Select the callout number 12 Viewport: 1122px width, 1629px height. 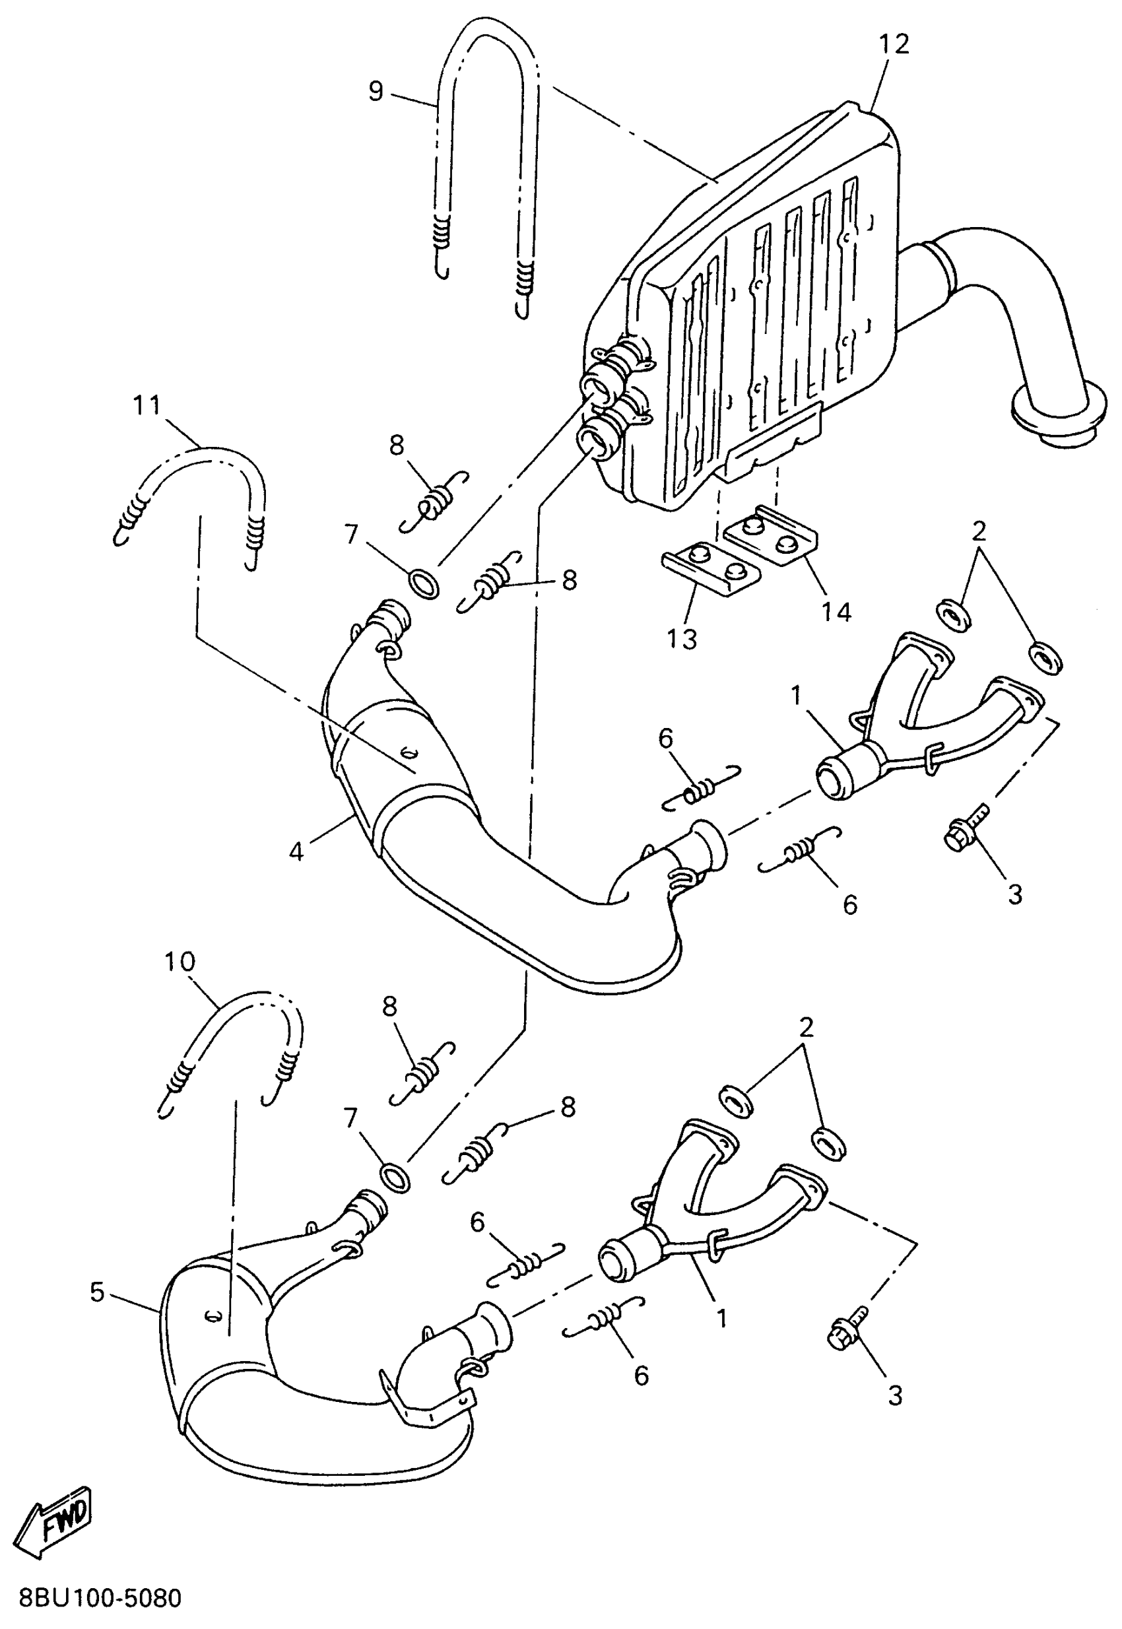pyautogui.click(x=894, y=44)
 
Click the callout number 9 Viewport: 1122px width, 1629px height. pyautogui.click(x=376, y=91)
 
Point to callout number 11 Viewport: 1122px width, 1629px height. pyautogui.click(x=148, y=406)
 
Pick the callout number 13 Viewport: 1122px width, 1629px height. pyautogui.click(x=681, y=638)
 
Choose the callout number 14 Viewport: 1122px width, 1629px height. pyautogui.click(x=836, y=612)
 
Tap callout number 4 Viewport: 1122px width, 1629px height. pyautogui.click(x=296, y=851)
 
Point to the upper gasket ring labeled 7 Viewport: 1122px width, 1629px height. pyautogui.click(x=423, y=583)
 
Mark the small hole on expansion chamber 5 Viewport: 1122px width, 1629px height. pyautogui.click(x=212, y=1314)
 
